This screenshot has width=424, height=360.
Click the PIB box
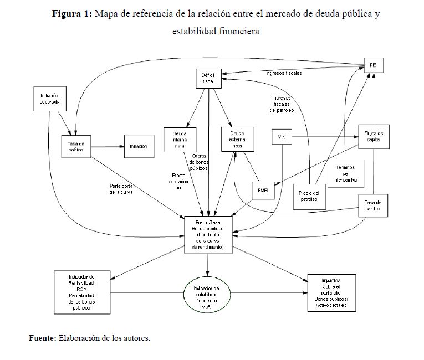click(x=373, y=65)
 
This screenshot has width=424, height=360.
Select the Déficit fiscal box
click(x=208, y=79)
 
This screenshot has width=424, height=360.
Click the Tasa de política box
click(x=75, y=147)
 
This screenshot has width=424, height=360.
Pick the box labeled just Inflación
click(x=138, y=147)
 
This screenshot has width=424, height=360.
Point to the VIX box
click(x=281, y=137)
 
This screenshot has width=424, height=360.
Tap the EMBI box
click(x=263, y=190)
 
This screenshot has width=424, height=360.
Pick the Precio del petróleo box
click(x=308, y=196)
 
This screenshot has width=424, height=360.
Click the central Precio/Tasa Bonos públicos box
click(x=208, y=234)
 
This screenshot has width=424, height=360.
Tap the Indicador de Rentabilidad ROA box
click(x=82, y=292)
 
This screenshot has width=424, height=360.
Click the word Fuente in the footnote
click(x=42, y=337)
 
